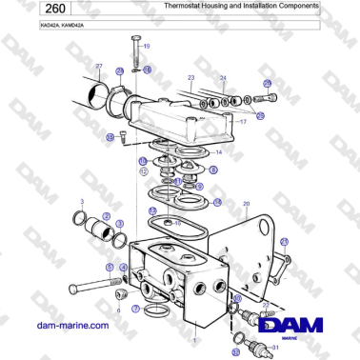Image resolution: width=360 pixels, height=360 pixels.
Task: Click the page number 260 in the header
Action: [x=28, y=10]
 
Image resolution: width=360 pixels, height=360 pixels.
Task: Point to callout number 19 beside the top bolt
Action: [x=146, y=46]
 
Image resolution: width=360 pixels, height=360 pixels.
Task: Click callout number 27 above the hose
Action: [x=98, y=66]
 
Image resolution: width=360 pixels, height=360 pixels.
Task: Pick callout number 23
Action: [x=190, y=77]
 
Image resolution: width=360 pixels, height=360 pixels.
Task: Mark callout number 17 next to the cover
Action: [x=243, y=122]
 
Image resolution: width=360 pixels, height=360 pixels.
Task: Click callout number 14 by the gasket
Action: [x=219, y=151]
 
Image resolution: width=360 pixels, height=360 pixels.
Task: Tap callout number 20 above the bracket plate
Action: [x=246, y=204]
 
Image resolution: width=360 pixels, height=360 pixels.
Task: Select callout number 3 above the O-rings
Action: [x=82, y=203]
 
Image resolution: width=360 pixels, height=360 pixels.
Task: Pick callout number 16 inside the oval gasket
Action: [x=177, y=222]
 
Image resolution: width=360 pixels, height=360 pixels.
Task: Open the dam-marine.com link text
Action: [x=71, y=327]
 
